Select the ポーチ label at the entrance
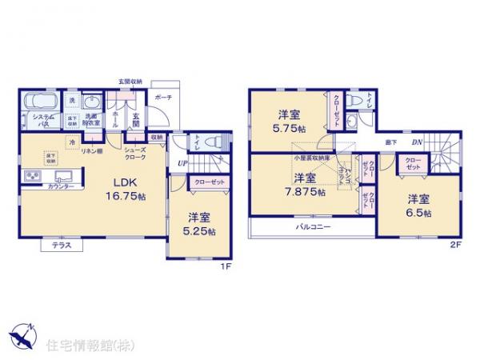point(163,98)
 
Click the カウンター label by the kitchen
point(61,186)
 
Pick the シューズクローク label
point(134,153)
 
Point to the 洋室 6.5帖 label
point(417,206)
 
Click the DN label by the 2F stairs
point(416,143)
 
